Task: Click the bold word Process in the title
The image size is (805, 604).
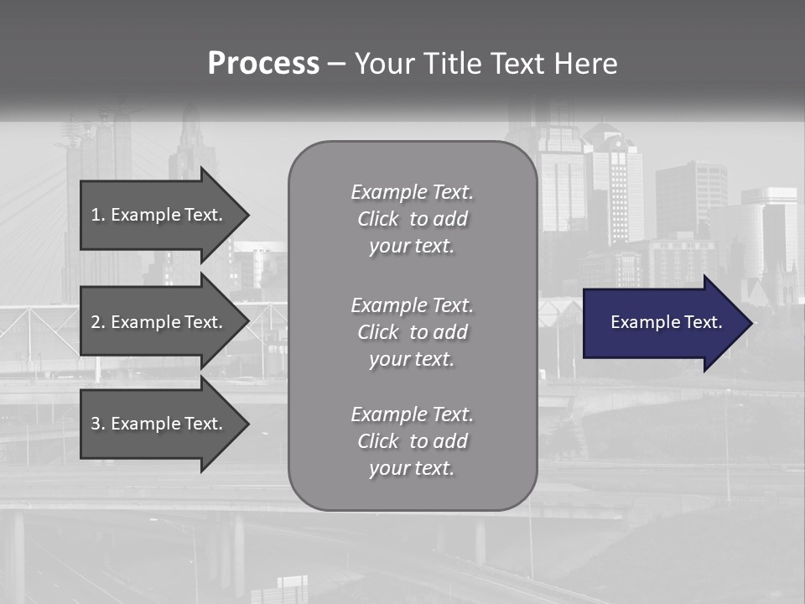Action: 263,64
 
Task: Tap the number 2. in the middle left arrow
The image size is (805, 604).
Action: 97,322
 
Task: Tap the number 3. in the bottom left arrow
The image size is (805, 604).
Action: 97,424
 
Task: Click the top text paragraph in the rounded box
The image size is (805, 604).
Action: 412,219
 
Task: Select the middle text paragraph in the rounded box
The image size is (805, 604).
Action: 412,332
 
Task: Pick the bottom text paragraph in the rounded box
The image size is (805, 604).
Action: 412,441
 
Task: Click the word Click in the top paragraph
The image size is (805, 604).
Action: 378,219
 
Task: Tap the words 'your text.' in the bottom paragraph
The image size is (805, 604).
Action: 412,468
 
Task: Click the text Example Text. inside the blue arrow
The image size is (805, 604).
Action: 666,322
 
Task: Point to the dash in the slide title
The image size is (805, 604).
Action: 336,65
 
